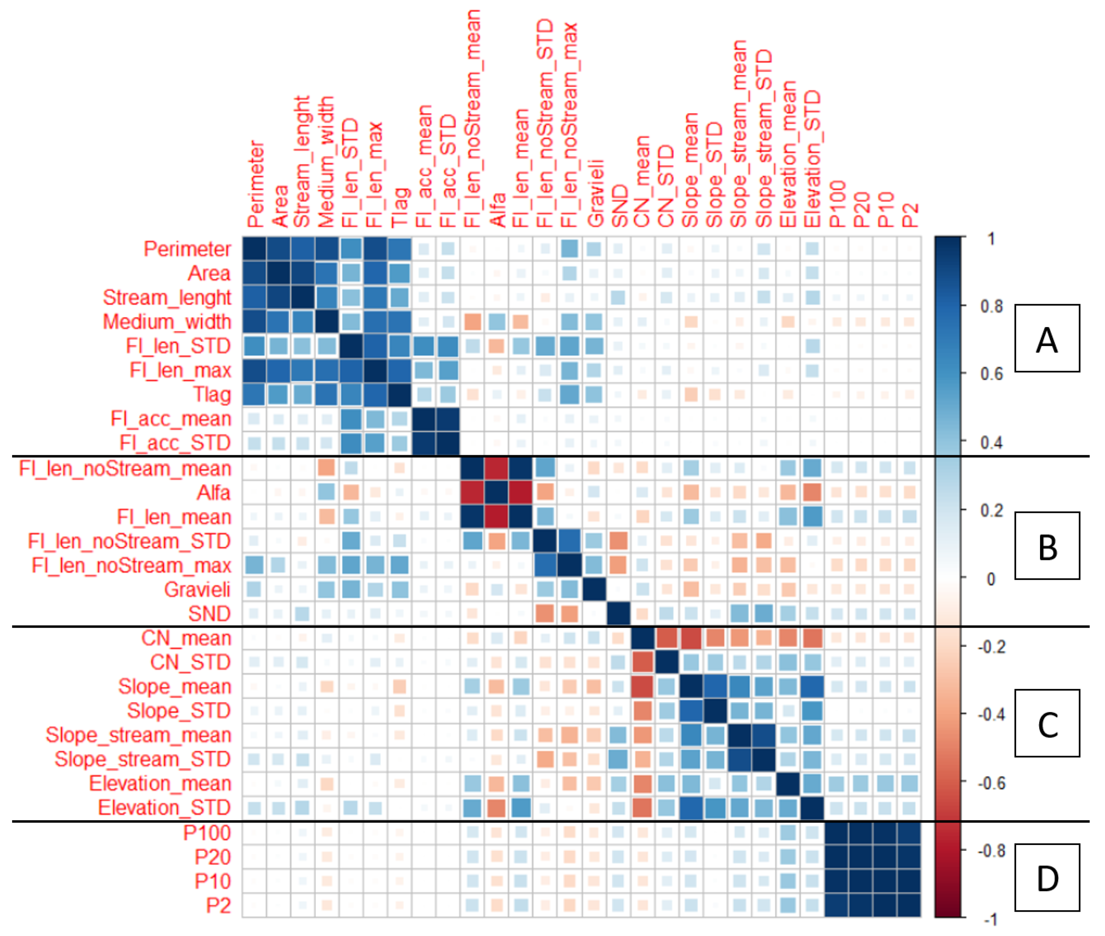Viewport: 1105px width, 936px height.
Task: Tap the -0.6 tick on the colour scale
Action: (x=989, y=783)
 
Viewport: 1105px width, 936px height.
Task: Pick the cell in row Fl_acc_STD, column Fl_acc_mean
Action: (x=424, y=443)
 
